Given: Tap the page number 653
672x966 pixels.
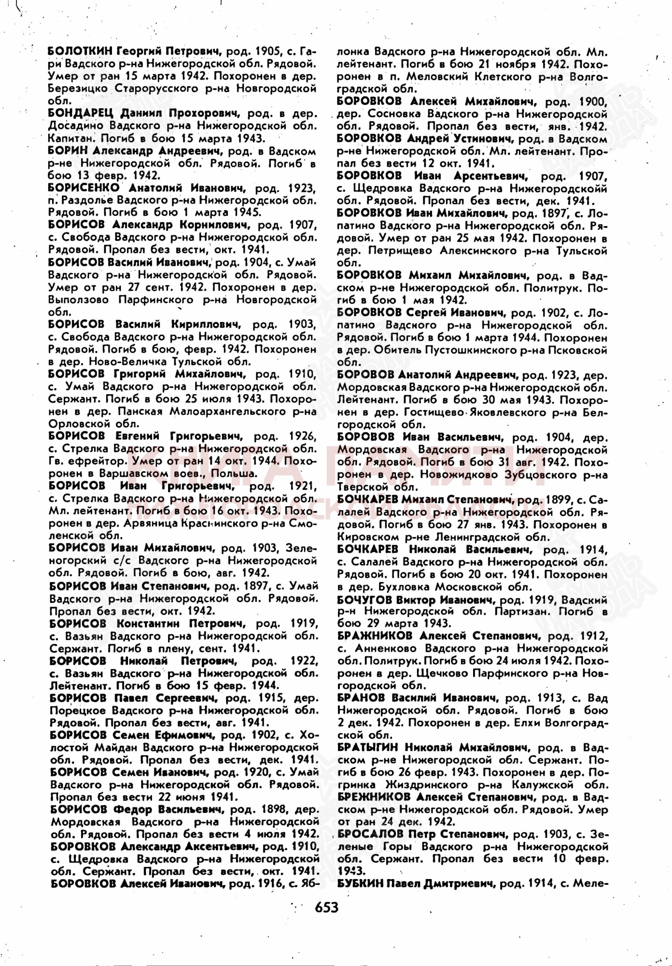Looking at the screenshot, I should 326,908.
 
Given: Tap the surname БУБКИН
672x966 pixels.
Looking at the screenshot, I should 361,883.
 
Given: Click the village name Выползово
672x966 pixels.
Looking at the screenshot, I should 79,300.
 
